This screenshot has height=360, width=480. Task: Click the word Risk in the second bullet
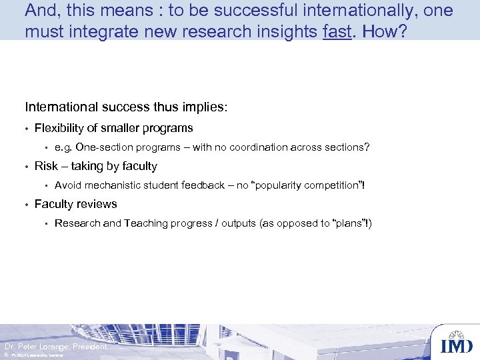click(x=46, y=166)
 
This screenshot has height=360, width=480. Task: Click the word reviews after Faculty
click(x=98, y=204)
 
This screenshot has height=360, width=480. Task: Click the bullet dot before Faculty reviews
click(x=27, y=205)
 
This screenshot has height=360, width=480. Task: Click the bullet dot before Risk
click(x=27, y=167)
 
